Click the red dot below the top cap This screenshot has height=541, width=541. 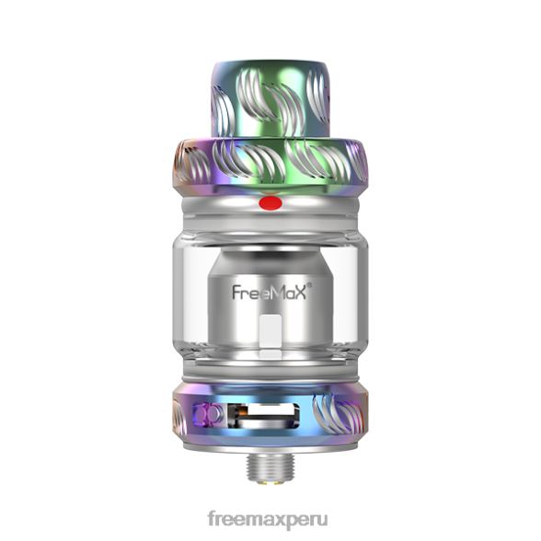pyautogui.click(x=270, y=202)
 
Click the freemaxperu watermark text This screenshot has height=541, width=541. pyautogui.click(x=268, y=520)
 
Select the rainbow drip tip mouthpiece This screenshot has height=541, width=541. pyautogui.click(x=270, y=99)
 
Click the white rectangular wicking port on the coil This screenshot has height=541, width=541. pyautogui.click(x=270, y=330)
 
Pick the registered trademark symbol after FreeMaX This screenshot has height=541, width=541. pyautogui.click(x=310, y=285)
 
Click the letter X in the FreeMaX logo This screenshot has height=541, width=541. pyautogui.click(x=299, y=293)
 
